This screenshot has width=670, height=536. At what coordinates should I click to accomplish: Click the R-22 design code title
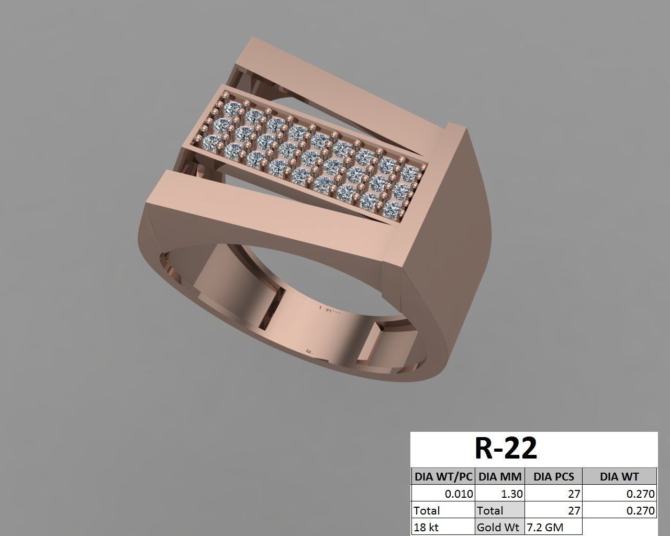[505, 448]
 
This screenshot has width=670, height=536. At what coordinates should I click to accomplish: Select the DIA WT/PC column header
[443, 476]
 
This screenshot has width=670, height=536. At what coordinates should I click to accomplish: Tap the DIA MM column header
[500, 476]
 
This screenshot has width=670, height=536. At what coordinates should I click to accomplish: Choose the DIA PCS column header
[553, 476]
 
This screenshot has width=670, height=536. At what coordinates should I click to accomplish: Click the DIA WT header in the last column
[619, 476]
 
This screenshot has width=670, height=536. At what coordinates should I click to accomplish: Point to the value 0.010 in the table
[459, 494]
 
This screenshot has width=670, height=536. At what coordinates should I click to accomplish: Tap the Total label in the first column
[427, 510]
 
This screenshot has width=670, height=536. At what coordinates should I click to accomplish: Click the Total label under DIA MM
[489, 510]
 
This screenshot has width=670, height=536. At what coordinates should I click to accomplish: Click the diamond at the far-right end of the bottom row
[391, 209]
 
